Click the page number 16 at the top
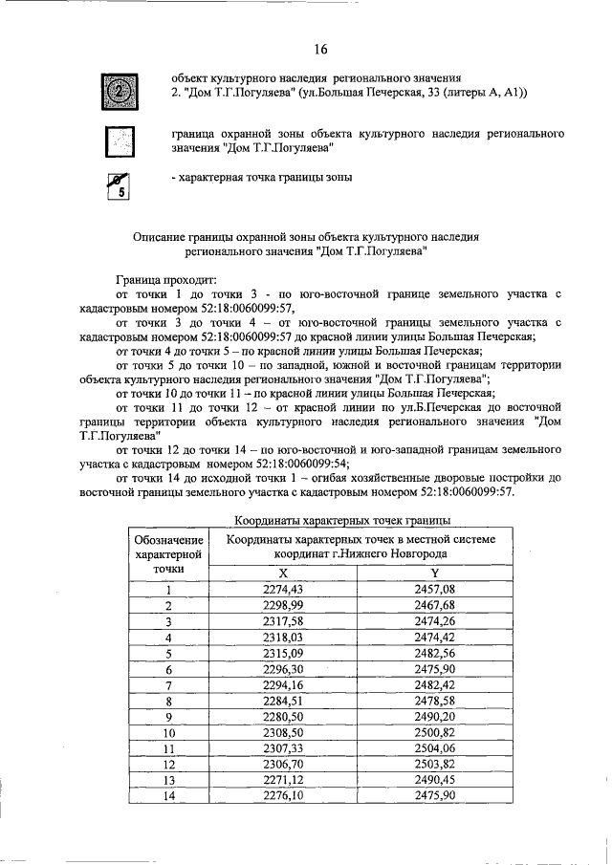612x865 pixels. pyautogui.click(x=320, y=49)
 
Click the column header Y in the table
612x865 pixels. pyautogui.click(x=421, y=572)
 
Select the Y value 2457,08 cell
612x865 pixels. pyautogui.click(x=421, y=589)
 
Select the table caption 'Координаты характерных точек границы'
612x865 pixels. pyautogui.click(x=342, y=520)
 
